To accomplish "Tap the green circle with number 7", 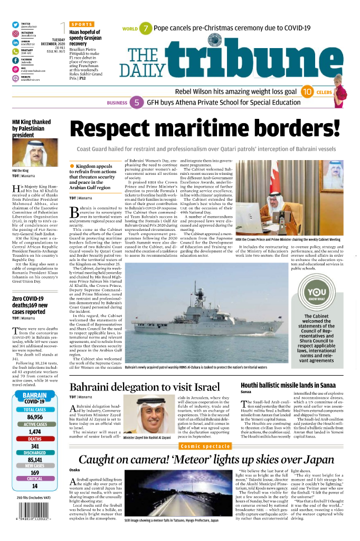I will [x=145, y=29].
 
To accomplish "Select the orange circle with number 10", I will [x=307, y=92].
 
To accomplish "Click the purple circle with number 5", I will [x=137, y=103].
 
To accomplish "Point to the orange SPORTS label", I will [x=82, y=24].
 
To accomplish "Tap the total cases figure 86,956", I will [x=34, y=417].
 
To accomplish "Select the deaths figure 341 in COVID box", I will [x=34, y=445].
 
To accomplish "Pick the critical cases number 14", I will [x=34, y=486].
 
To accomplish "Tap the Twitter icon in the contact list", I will [x=16, y=25].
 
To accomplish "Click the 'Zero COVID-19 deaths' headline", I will [x=30, y=305].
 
